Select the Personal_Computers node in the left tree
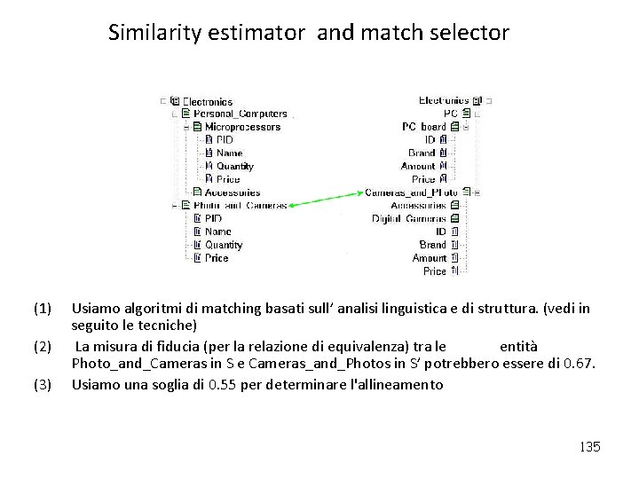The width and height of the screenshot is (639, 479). [x=240, y=114]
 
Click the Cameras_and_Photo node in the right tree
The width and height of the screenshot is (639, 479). [x=411, y=192]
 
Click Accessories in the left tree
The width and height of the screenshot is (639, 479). [x=233, y=192]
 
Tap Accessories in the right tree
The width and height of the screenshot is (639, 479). [x=418, y=205]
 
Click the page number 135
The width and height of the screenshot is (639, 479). [x=589, y=447]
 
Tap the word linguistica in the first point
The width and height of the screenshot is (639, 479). [x=396, y=309]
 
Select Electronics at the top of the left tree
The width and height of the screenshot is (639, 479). [x=209, y=100]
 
